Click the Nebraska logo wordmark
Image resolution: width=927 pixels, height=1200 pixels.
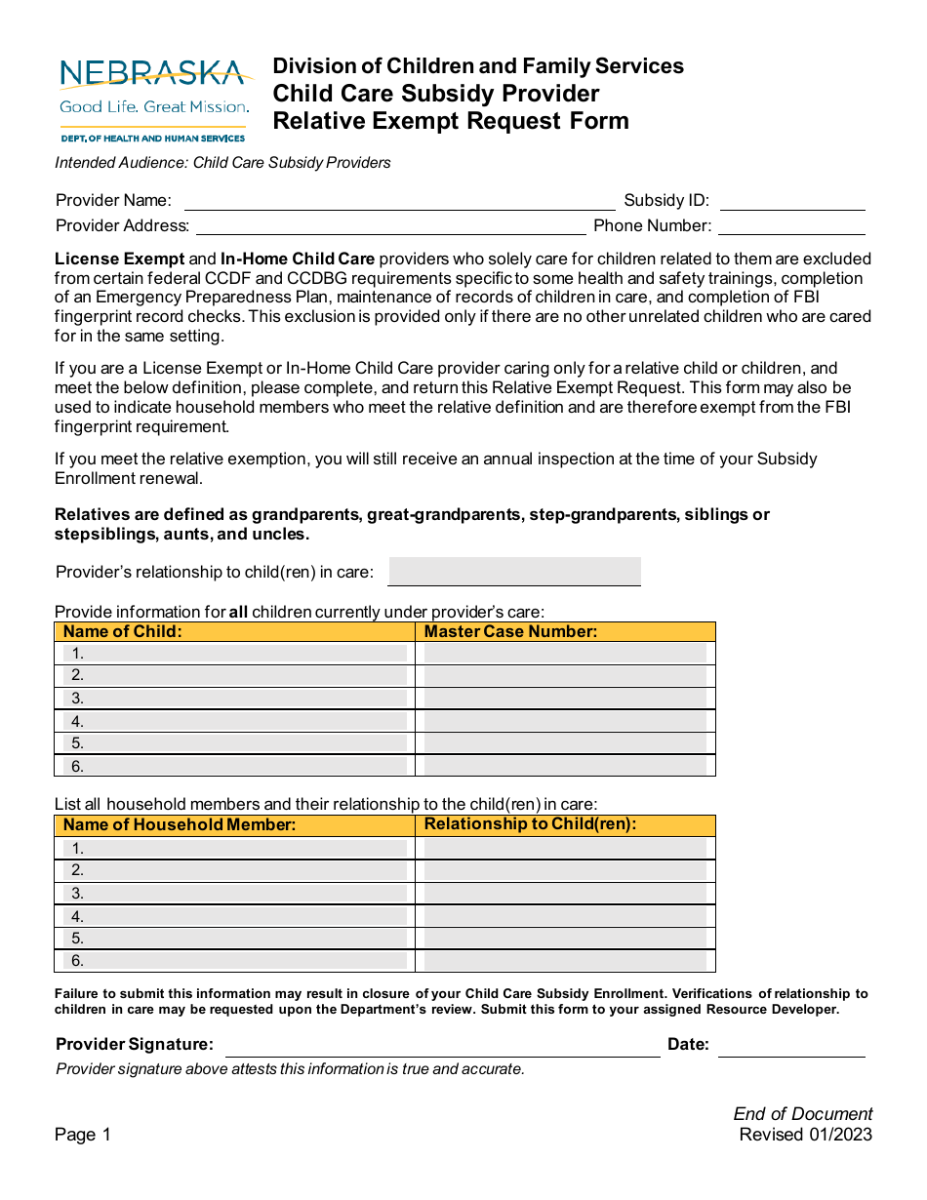point(152,74)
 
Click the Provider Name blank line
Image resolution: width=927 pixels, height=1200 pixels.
point(399,202)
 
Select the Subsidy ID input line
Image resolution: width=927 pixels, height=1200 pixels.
point(791,202)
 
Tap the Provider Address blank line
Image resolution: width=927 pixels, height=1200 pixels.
point(390,227)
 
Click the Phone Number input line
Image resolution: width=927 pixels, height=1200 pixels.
point(791,227)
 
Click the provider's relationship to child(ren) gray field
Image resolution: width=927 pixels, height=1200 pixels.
point(514,572)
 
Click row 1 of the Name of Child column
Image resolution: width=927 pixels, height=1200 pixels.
point(235,654)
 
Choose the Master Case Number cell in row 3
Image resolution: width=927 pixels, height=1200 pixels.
point(565,699)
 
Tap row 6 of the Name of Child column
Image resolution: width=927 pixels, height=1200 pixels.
point(235,766)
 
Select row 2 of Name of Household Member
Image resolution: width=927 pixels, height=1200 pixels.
point(235,870)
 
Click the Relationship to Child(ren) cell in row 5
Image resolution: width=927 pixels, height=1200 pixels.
point(565,938)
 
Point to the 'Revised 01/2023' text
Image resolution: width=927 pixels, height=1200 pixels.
point(805,1135)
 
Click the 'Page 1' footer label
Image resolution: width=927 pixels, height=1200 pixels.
point(83,1135)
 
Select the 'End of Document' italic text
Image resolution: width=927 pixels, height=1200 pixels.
point(802,1114)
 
